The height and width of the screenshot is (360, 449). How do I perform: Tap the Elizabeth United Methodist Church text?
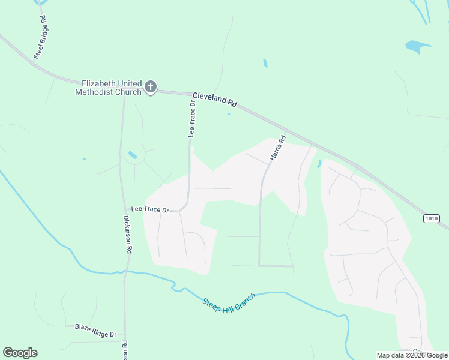tap(108, 88)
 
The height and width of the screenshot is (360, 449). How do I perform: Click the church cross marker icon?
tap(151, 88)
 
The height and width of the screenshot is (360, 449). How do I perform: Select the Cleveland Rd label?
tap(215, 100)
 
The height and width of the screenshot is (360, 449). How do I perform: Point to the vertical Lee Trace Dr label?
tap(193, 119)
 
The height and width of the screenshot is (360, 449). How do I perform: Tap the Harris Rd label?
tap(278, 146)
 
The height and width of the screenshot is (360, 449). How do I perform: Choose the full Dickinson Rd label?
tap(127, 235)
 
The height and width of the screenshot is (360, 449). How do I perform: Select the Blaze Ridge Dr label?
tap(95, 328)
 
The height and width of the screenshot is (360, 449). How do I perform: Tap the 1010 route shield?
tap(432, 218)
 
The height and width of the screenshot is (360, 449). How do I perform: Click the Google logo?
tap(20, 353)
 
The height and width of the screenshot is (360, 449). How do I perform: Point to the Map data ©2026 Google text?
tap(412, 355)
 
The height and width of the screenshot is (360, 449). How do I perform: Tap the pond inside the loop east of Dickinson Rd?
tap(132, 155)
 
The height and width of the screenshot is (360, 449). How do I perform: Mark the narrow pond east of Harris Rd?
tap(319, 163)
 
